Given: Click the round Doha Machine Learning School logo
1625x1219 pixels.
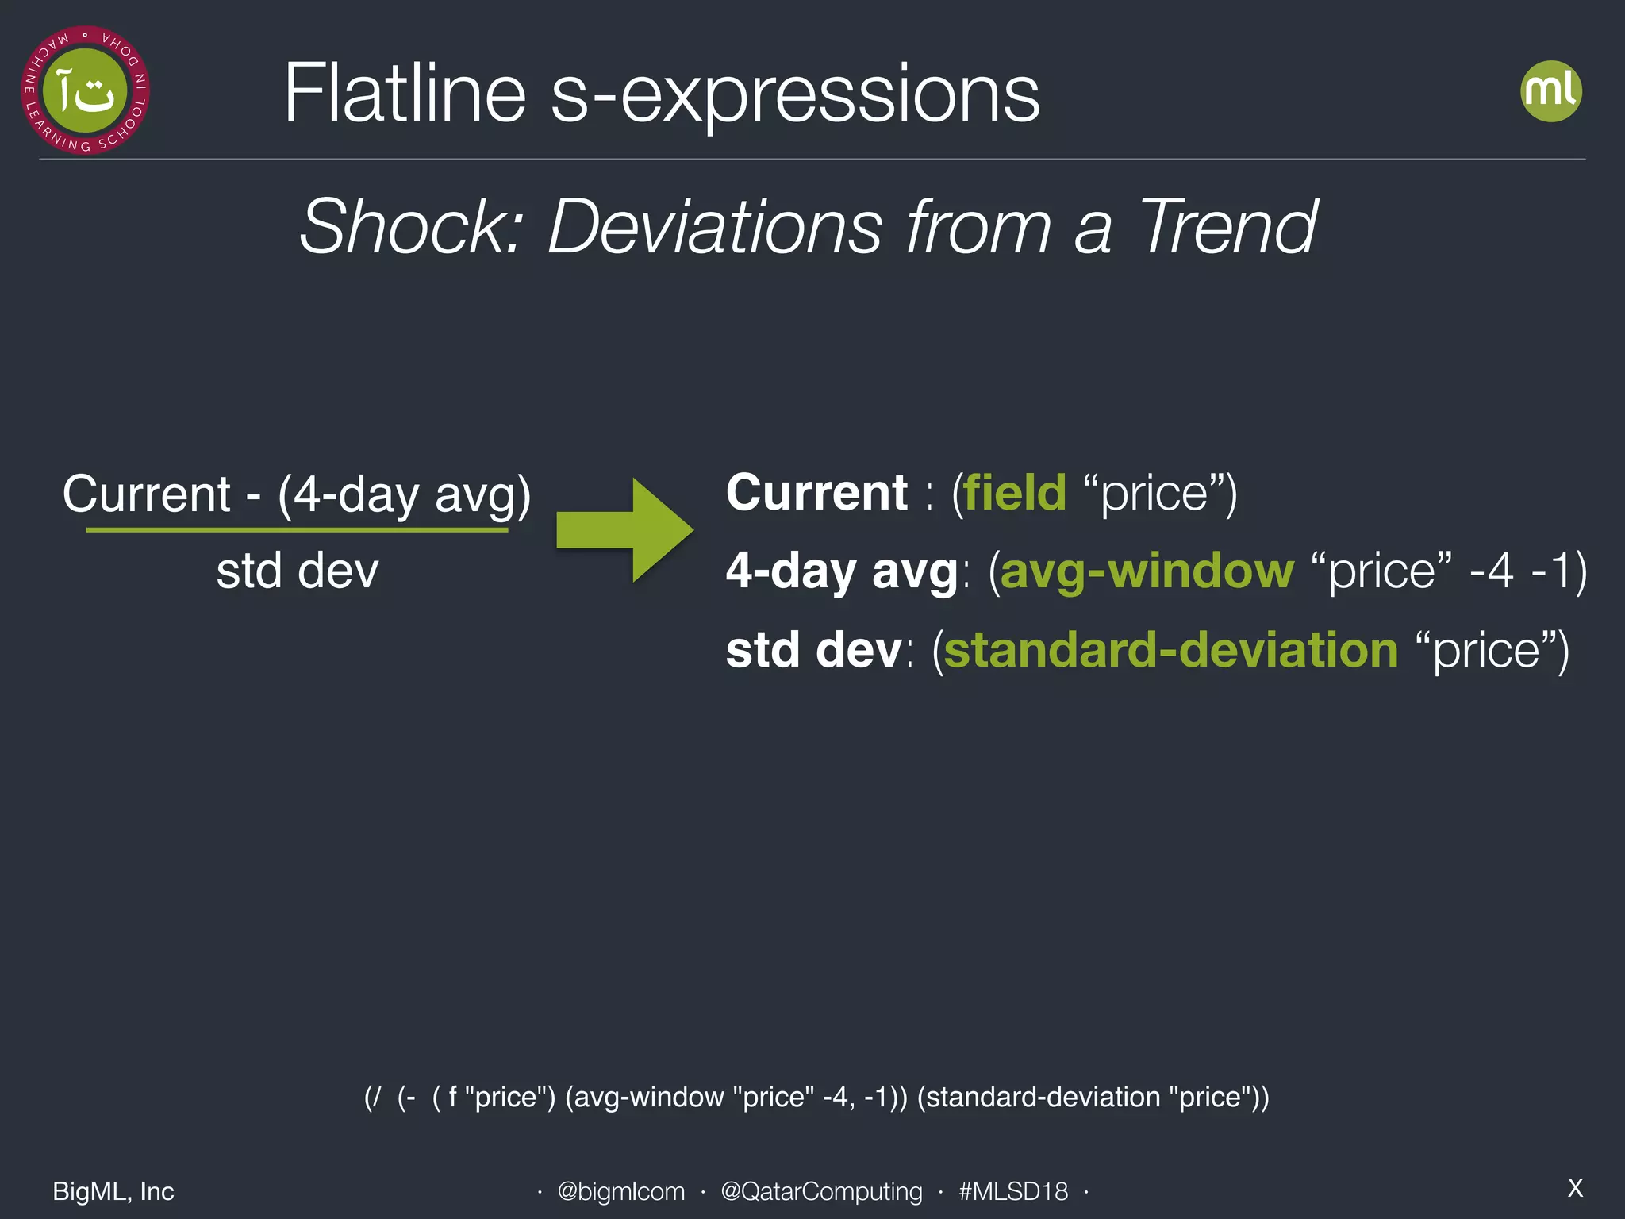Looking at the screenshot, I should [85, 90].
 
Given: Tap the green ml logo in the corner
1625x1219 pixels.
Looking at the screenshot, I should [1550, 91].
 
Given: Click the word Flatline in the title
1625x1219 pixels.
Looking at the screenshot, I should [405, 94].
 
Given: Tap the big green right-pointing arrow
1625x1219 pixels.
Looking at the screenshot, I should [624, 529].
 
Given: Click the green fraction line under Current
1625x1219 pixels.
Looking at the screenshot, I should [297, 529].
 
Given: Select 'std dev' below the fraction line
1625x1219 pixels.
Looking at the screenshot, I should [298, 571].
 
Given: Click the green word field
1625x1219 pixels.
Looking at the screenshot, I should [1015, 493].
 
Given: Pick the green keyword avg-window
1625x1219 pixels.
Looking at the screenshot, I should [1147, 571].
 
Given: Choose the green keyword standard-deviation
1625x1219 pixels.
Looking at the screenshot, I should [1170, 650].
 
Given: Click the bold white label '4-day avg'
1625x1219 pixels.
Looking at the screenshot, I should [842, 571].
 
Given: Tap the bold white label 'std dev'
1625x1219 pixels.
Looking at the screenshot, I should [813, 650].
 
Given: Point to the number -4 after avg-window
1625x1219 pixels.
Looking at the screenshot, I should [1491, 571].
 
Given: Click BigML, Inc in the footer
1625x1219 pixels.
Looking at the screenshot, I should [113, 1191].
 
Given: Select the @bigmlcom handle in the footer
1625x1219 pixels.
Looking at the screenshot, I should [620, 1191].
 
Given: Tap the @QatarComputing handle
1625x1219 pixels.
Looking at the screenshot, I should [821, 1191].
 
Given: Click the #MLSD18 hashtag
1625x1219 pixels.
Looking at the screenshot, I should [1013, 1191].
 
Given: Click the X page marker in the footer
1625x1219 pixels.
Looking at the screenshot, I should [1575, 1188].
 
